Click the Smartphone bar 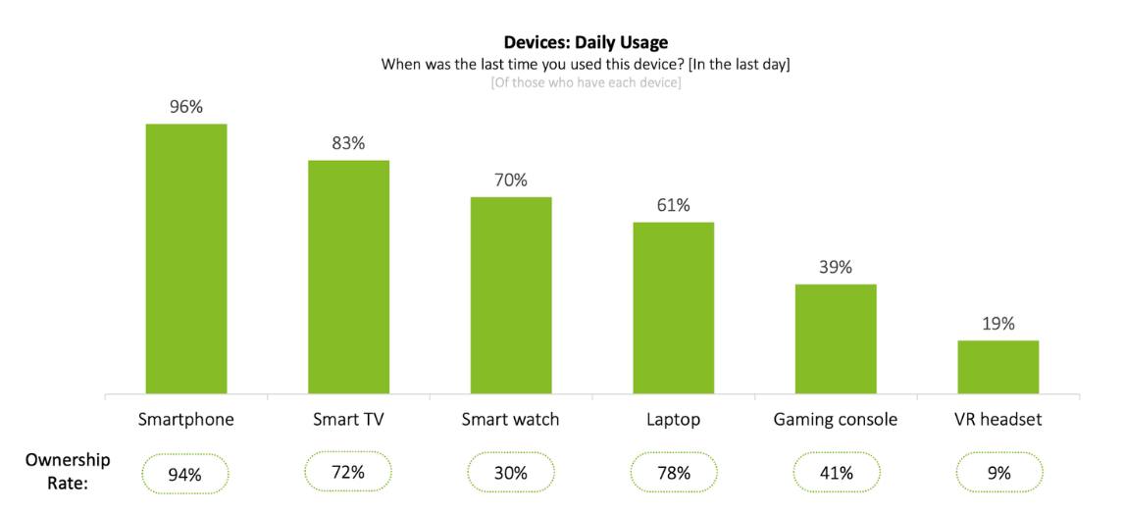[186, 259]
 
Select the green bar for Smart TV [348, 277]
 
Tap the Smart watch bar [511, 295]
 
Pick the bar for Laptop [673, 308]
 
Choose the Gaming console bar [836, 339]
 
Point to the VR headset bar [997, 367]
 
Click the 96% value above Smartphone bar [186, 107]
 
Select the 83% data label [348, 143]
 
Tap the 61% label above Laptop [673, 205]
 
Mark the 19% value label [997, 324]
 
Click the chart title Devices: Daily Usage [586, 42]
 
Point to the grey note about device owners [586, 82]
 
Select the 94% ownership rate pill [184, 474]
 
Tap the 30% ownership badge [510, 473]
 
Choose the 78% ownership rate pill [673, 473]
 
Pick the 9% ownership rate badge [998, 473]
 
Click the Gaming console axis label [835, 420]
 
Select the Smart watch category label [510, 420]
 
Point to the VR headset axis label [997, 420]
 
